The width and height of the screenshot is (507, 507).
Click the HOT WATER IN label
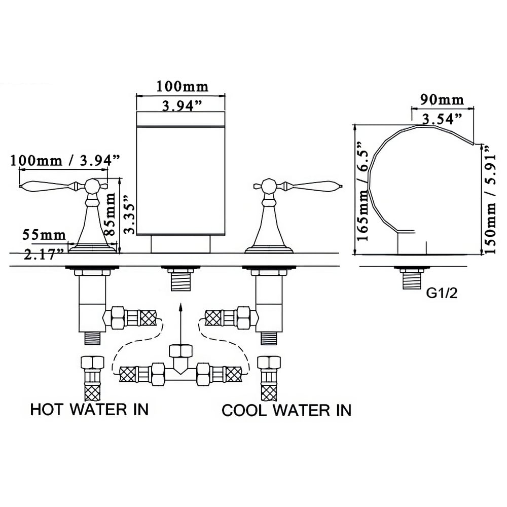click(89, 409)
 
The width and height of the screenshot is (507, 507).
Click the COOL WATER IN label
click(286, 410)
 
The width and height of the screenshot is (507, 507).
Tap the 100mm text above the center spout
click(182, 86)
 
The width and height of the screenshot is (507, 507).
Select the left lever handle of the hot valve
click(48, 186)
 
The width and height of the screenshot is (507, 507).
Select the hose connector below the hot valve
click(92, 378)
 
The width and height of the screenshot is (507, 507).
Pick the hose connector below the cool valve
click(269, 378)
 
